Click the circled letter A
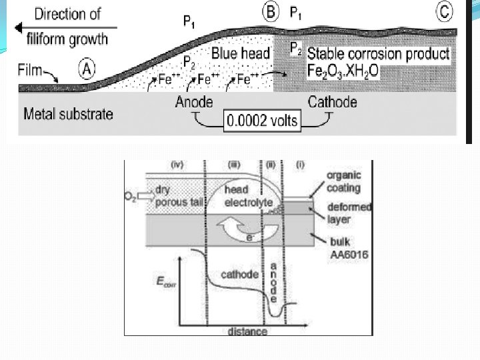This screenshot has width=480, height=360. pyautogui.click(x=86, y=67)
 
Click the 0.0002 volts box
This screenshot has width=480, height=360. pyautogui.click(x=262, y=121)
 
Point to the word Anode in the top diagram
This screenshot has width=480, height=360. pyautogui.click(x=194, y=102)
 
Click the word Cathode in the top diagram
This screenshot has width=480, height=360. pyautogui.click(x=332, y=102)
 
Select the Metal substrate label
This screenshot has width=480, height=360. pyautogui.click(x=68, y=113)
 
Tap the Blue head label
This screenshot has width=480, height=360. pyautogui.click(x=240, y=54)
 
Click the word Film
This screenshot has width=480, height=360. pyautogui.click(x=31, y=68)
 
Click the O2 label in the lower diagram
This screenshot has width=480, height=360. pyautogui.click(x=131, y=196)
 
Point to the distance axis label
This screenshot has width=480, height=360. pyautogui.click(x=246, y=331)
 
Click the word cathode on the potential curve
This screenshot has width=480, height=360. pyautogui.click(x=239, y=275)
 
